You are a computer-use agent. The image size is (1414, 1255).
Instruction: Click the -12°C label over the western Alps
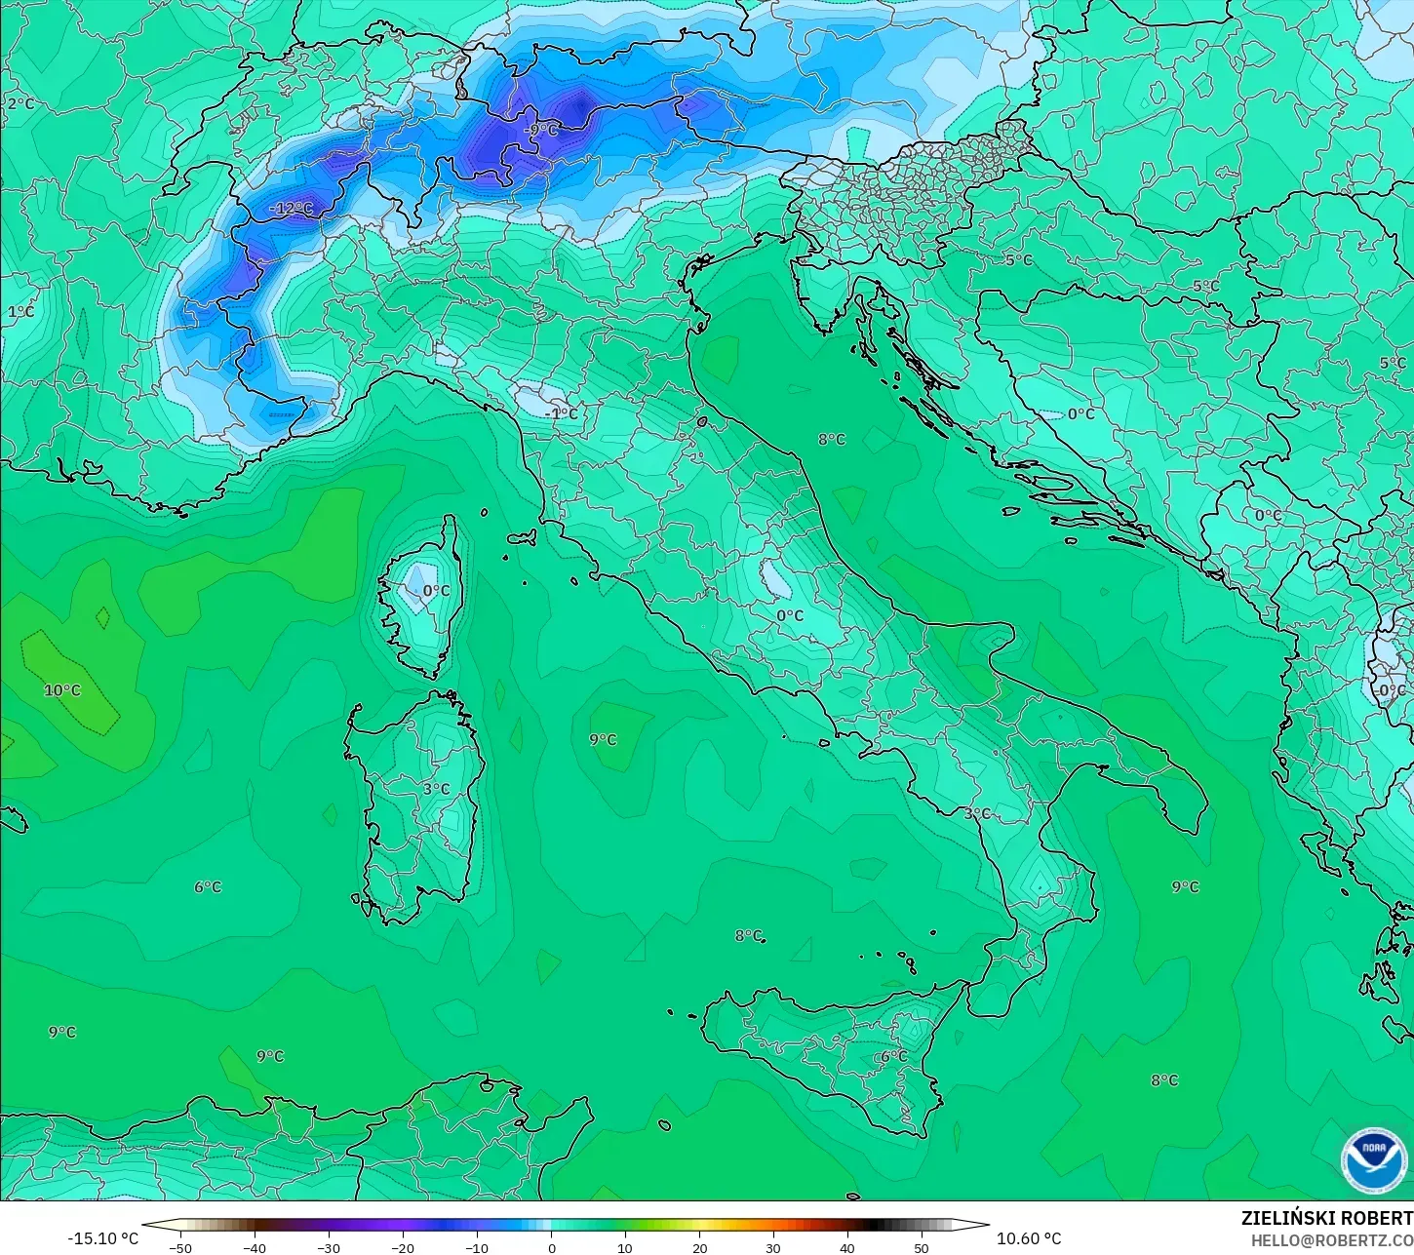[292, 209]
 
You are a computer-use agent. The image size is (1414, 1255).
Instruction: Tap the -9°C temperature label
[540, 131]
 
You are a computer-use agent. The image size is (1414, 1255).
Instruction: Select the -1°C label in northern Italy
[561, 413]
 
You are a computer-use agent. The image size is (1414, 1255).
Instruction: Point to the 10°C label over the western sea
[62, 690]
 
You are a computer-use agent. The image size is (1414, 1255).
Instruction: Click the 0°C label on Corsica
[436, 591]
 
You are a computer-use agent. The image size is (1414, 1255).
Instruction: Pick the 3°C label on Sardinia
[436, 789]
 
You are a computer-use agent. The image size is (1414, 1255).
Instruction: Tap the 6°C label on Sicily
[893, 1056]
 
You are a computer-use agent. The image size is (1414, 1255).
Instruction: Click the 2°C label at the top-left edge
[20, 104]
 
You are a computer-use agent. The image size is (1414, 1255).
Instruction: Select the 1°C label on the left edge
[20, 312]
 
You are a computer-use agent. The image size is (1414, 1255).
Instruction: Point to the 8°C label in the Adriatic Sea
[832, 440]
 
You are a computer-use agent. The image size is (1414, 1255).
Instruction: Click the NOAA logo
[1373, 1160]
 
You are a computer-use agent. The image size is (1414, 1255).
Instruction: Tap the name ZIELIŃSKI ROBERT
[1326, 1219]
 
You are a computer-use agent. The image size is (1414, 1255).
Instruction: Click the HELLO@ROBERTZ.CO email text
[1332, 1240]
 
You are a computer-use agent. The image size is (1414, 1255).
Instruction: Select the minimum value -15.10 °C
[102, 1238]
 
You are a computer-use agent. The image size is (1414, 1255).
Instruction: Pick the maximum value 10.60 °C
[1029, 1238]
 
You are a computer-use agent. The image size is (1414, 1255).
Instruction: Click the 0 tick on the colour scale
[551, 1247]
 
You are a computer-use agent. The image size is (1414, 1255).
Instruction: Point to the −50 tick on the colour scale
[180, 1247]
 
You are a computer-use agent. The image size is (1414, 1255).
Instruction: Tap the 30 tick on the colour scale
[773, 1247]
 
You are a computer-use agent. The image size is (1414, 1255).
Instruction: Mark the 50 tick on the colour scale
[922, 1247]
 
